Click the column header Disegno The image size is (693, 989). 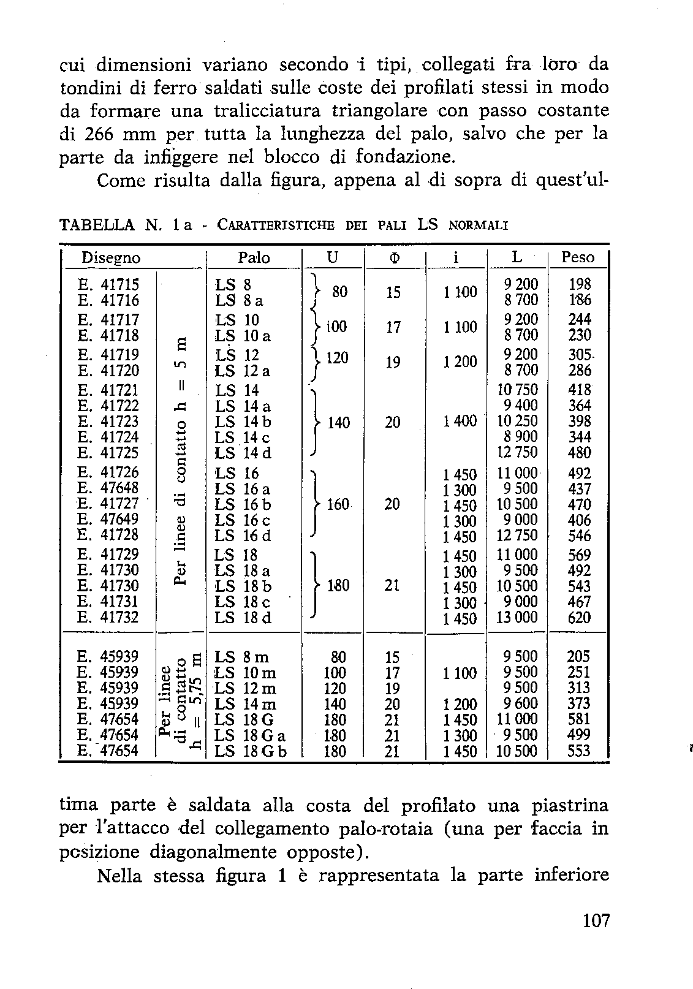tap(111, 258)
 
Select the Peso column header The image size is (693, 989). tap(578, 257)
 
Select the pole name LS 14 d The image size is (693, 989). tap(243, 453)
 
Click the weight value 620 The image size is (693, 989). tap(579, 617)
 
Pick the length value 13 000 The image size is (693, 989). tap(517, 617)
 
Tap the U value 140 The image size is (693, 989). tap(338, 422)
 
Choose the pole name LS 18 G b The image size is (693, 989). tap(251, 751)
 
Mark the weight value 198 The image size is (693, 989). tap(580, 284)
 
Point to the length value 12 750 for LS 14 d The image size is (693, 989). tap(517, 452)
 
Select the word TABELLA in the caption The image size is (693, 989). tap(97, 224)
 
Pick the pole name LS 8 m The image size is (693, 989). tap(242, 657)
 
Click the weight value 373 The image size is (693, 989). tap(579, 703)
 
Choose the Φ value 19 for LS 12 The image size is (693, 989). tap(393, 363)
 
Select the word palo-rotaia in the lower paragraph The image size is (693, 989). tap(386, 828)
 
